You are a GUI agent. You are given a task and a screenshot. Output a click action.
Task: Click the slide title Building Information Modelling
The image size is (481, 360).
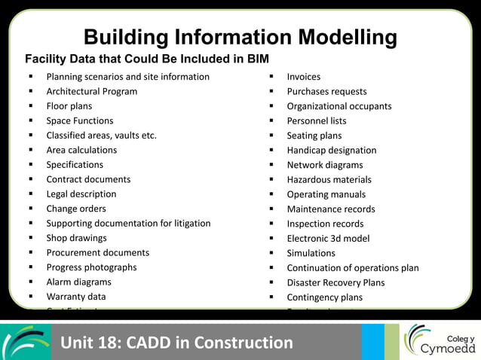pyautogui.click(x=240, y=37)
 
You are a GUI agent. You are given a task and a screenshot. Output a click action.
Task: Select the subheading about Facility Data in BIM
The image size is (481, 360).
pyautogui.click(x=147, y=59)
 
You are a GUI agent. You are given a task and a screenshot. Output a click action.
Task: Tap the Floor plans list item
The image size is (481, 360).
pyautogui.click(x=69, y=106)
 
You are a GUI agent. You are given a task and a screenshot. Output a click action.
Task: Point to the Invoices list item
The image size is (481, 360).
pyautogui.click(x=303, y=77)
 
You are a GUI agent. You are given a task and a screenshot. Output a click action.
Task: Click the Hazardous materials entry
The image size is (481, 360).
pyautogui.click(x=329, y=179)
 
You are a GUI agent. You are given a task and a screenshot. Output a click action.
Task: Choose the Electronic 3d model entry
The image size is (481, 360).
pyautogui.click(x=328, y=238)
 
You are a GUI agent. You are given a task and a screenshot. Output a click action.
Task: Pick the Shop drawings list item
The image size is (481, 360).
pyautogui.click(x=76, y=238)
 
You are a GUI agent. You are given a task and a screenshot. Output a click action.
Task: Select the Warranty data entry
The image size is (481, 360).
pyautogui.click(x=75, y=297)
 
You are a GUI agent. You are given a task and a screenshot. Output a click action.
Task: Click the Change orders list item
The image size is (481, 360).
pyautogui.click(x=76, y=209)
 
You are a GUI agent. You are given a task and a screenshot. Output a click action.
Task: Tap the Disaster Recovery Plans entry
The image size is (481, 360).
pyautogui.click(x=335, y=282)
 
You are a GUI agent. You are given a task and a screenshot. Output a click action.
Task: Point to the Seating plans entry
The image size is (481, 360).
pyautogui.click(x=314, y=136)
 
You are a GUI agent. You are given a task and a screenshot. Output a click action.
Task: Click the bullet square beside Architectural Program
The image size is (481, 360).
pyautogui.click(x=31, y=91)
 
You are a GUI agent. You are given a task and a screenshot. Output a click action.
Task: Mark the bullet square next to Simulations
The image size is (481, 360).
pyautogui.click(x=271, y=253)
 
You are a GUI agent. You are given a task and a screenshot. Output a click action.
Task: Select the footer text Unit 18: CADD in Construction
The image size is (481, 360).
pyautogui.click(x=176, y=343)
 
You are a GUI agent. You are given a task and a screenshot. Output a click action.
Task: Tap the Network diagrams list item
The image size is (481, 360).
pyautogui.click(x=324, y=165)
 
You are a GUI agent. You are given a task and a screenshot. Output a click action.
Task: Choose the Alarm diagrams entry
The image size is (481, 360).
pyautogui.click(x=78, y=282)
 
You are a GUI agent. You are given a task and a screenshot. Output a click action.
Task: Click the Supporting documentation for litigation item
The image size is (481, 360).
pyautogui.click(x=128, y=223)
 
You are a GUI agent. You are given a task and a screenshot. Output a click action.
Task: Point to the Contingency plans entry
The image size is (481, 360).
pyautogui.click(x=324, y=297)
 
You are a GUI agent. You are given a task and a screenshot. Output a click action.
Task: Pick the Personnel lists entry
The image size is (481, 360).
pyautogui.click(x=316, y=121)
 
